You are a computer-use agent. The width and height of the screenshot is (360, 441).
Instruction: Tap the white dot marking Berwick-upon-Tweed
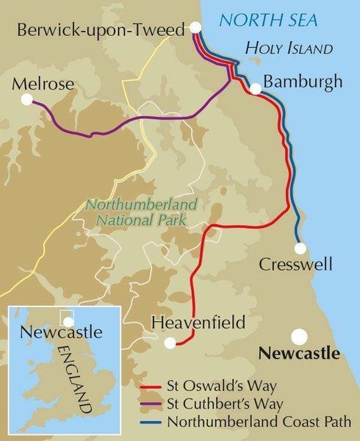196,29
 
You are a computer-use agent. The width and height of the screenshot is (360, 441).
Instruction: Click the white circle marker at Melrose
27,99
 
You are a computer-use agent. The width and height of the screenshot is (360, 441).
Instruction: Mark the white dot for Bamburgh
255,89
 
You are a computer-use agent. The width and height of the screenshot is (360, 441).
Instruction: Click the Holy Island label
290,49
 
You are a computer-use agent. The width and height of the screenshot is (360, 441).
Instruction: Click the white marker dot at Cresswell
300,246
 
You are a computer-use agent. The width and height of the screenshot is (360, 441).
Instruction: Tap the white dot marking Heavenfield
170,342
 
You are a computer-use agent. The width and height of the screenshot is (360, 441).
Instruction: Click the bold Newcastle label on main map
300,353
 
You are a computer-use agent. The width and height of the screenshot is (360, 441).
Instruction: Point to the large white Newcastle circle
299,336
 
